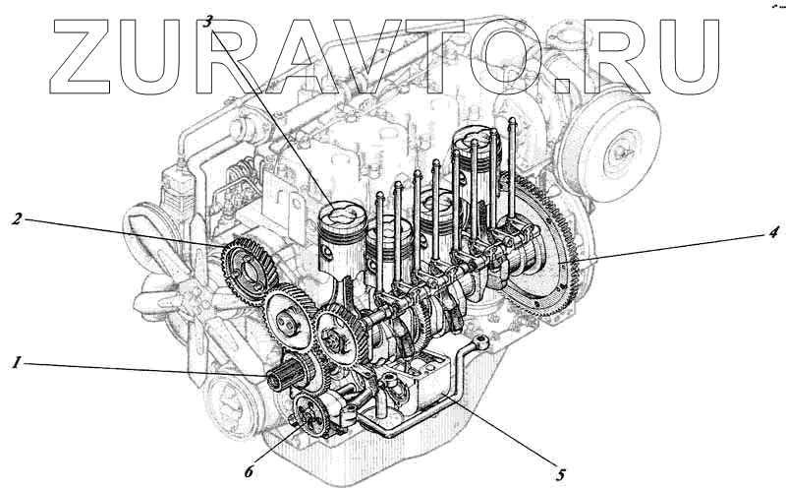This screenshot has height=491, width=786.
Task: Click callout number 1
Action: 17,362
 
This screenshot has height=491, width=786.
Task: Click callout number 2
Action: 18,218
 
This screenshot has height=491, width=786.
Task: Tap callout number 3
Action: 208,21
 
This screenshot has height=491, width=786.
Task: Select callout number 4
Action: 773,232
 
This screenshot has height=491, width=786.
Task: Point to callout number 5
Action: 560,474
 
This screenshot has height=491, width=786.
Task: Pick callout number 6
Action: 250,471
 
